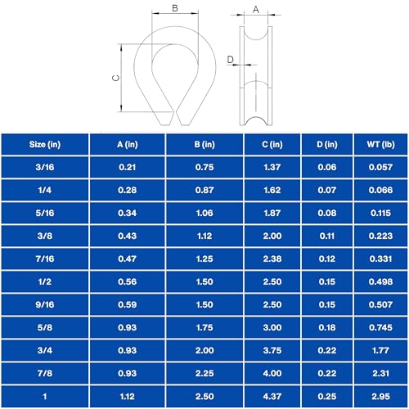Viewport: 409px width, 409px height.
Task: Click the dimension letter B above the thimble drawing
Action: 175,8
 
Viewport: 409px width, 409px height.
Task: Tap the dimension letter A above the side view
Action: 256,10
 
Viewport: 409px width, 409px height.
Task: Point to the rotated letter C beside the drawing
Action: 116,78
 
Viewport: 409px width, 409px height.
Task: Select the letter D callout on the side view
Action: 231,59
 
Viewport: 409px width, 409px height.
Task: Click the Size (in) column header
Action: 45,144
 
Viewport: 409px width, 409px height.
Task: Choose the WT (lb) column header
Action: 380,144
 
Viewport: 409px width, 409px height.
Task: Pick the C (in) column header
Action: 272,144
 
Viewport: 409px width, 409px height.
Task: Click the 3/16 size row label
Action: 45,167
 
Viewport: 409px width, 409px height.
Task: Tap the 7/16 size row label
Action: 45,258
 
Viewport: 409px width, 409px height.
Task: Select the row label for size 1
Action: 45,396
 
